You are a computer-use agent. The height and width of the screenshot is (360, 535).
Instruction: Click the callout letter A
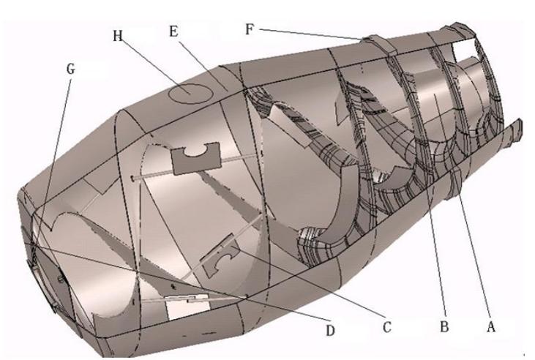(490, 327)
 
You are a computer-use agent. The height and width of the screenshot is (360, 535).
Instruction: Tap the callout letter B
(444, 327)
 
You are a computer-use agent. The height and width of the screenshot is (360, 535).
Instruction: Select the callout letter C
(386, 327)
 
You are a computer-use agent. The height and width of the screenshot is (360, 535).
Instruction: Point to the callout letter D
(330, 330)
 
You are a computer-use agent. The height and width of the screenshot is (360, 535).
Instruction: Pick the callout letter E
(173, 31)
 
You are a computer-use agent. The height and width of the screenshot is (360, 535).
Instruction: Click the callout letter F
(250, 29)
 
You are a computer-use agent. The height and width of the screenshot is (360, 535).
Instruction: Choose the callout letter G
(71, 69)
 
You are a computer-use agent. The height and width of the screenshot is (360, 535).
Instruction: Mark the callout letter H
(118, 36)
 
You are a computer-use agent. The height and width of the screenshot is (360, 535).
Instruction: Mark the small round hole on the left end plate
(61, 279)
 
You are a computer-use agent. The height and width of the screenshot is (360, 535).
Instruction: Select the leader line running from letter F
(311, 34)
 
